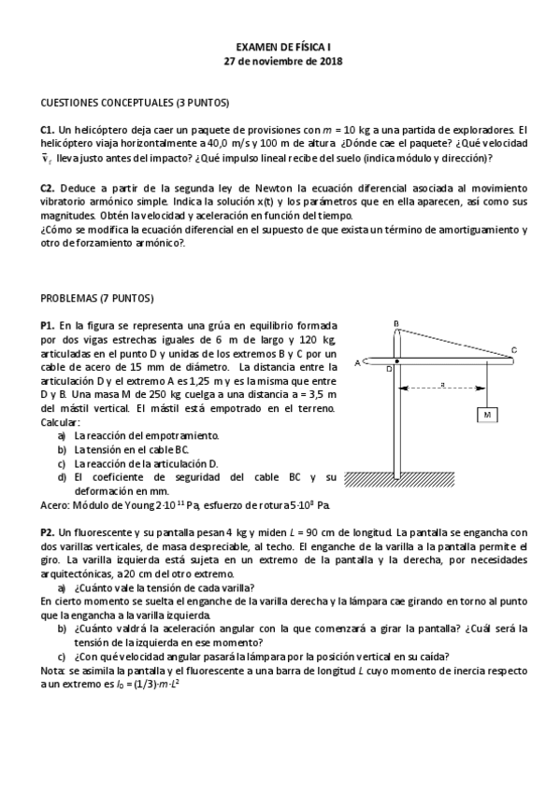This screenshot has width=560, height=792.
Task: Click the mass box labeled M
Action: pyautogui.click(x=488, y=414)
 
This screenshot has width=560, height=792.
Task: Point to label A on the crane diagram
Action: pyautogui.click(x=358, y=362)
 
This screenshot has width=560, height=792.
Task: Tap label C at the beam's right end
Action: pyautogui.click(x=513, y=350)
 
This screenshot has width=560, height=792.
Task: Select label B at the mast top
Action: pyautogui.click(x=396, y=323)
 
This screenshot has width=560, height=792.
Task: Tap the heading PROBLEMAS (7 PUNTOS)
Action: pyautogui.click(x=96, y=298)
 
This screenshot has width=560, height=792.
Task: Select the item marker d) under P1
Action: pyautogui.click(x=62, y=477)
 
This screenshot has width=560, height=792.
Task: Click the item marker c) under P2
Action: pyautogui.click(x=62, y=657)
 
